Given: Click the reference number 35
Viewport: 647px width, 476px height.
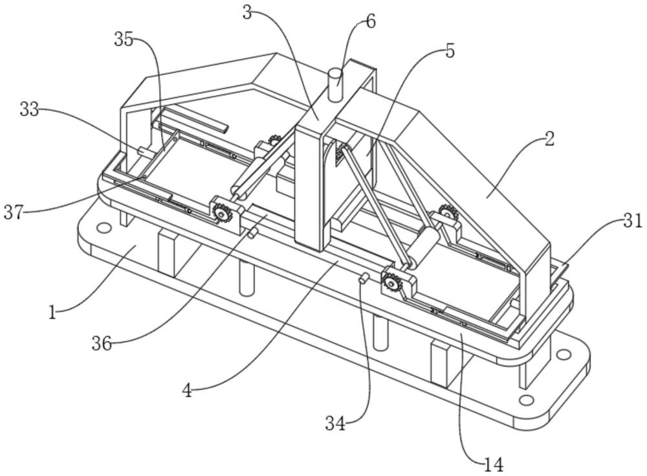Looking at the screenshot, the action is (124, 41).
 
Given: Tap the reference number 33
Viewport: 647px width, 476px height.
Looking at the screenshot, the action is (29, 109).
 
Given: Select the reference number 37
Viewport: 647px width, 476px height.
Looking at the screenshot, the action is (13, 212).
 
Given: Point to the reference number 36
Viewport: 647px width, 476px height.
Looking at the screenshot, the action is (102, 343).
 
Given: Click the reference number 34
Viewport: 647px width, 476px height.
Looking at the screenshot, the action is (335, 423).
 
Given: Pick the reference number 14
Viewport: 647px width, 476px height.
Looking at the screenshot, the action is (494, 465).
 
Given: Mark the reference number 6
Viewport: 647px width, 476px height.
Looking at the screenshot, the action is (371, 21).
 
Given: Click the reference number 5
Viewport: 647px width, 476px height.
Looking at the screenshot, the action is (450, 52).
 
